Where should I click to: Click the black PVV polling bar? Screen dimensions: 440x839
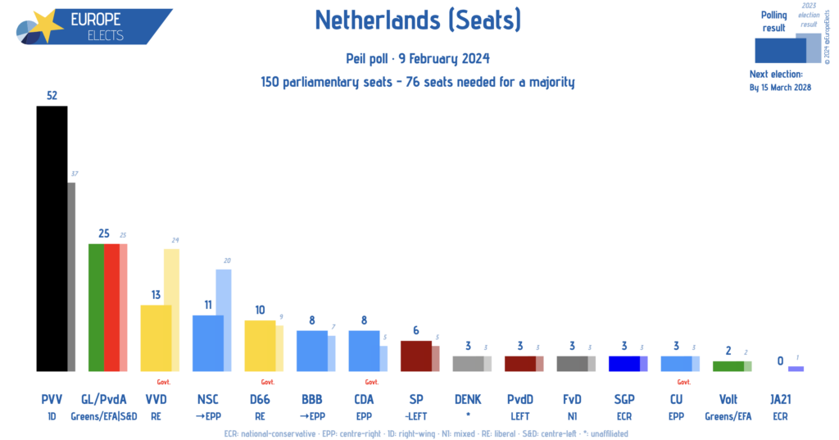[52, 238]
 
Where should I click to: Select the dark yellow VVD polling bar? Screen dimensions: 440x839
[156, 338]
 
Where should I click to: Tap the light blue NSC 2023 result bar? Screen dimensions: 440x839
[224, 320]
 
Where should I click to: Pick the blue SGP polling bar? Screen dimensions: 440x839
[624, 363]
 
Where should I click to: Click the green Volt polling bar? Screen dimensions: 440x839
[728, 365]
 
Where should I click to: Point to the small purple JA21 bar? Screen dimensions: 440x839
[796, 369]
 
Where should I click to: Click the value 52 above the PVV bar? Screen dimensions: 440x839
[52, 95]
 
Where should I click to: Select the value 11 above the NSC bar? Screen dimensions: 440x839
[208, 305]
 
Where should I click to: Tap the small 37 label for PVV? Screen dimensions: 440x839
[74, 174]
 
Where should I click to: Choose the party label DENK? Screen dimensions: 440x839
[468, 399]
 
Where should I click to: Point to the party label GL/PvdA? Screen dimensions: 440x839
[104, 399]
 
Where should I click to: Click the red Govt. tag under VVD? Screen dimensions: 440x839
[163, 382]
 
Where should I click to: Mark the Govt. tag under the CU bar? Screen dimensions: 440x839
[684, 382]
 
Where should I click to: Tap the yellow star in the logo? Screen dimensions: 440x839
[47, 26]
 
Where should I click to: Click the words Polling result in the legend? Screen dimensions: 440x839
[773, 21]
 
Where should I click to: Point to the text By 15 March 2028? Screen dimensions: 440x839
[780, 88]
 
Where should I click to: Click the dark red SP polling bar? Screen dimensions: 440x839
[415, 356]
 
